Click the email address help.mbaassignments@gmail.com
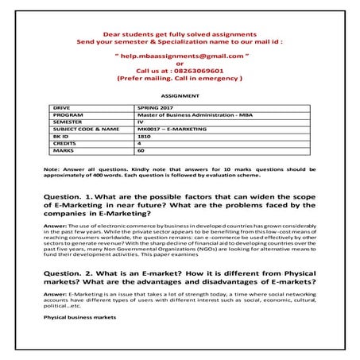point(180,57)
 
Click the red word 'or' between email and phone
point(180,64)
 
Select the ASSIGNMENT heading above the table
point(180,93)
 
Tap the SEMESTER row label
point(68,120)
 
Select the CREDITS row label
point(65,142)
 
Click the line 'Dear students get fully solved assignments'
point(180,35)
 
